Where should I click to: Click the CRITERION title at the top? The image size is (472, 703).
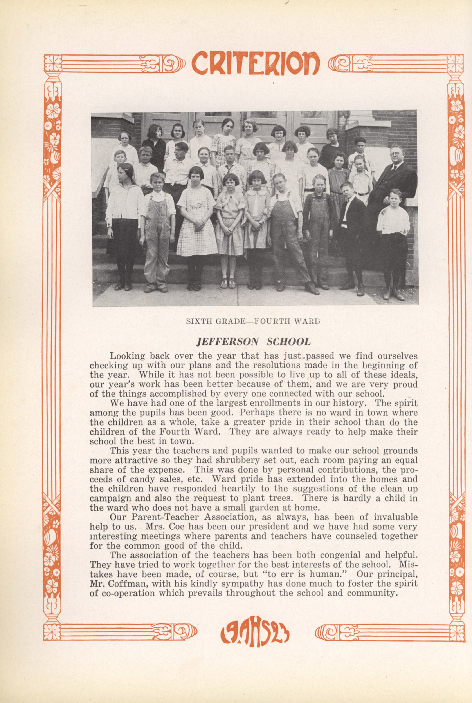255,63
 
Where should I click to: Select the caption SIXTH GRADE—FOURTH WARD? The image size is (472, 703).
253,321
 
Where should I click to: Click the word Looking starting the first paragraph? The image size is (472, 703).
127,356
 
